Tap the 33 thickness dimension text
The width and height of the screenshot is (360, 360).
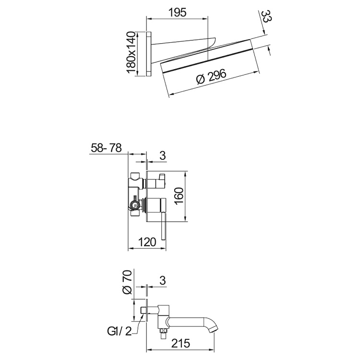[265, 20]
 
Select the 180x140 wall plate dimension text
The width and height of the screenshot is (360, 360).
[131, 53]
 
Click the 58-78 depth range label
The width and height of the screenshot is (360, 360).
[107, 148]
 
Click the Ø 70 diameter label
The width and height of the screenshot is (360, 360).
[127, 283]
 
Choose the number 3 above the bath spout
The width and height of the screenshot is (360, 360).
[162, 279]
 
